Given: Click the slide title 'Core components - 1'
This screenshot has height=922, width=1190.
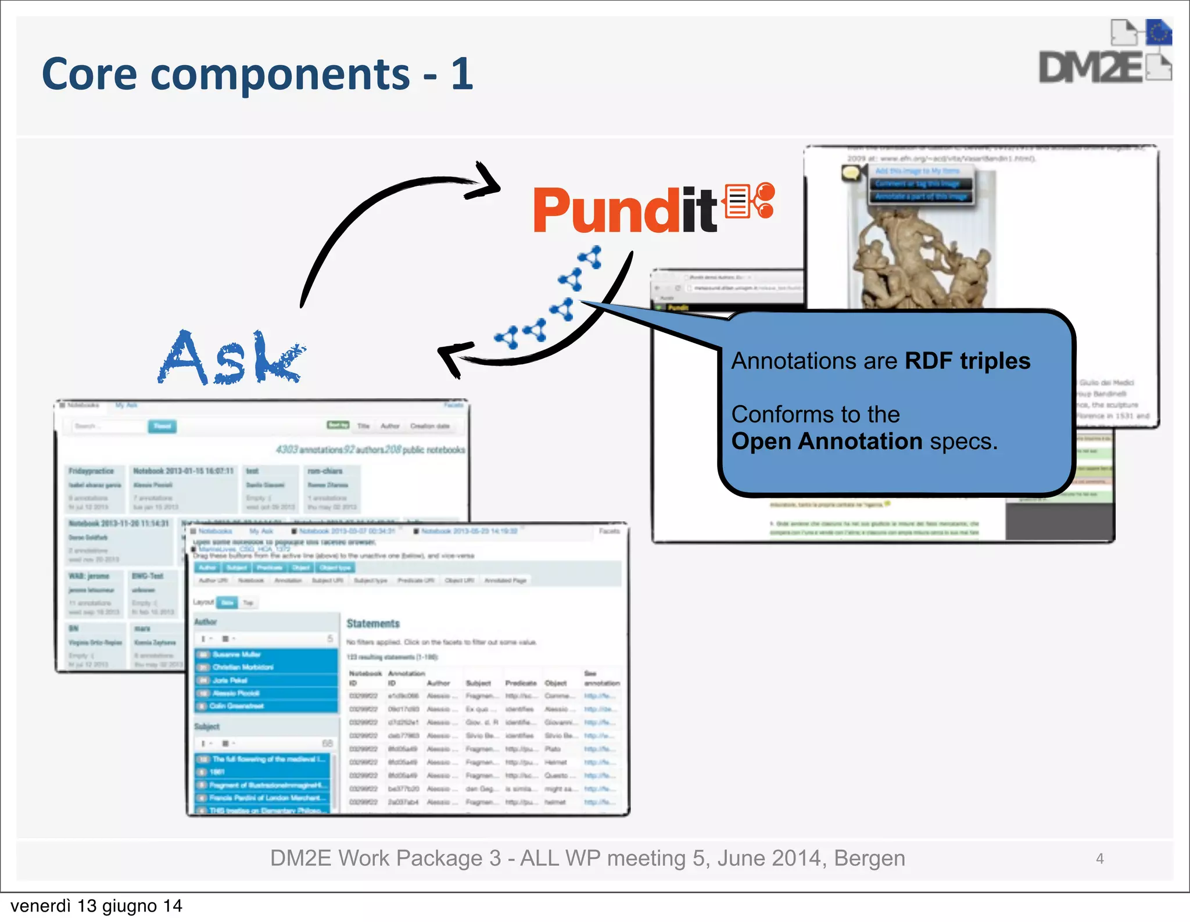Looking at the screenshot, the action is [257, 75].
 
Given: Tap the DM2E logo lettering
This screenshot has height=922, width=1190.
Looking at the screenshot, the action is [1090, 69].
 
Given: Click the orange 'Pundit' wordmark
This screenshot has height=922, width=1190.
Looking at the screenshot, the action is [625, 211].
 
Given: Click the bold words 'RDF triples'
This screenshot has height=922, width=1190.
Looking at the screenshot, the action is [967, 361].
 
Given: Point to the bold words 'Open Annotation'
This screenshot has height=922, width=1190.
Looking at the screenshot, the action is [826, 442].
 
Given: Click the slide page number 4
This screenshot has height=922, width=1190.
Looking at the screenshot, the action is [1099, 859].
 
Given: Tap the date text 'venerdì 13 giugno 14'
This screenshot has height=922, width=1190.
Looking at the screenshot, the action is [96, 906].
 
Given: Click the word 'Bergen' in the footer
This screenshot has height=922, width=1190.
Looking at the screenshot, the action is [869, 859].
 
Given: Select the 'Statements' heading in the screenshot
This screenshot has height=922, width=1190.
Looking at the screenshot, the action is [373, 623].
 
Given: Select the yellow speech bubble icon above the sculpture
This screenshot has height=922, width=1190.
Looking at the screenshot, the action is [851, 173].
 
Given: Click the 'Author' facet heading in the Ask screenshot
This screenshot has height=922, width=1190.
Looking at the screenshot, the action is [205, 622].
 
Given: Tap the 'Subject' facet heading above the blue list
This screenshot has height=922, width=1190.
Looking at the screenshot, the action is [207, 726].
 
